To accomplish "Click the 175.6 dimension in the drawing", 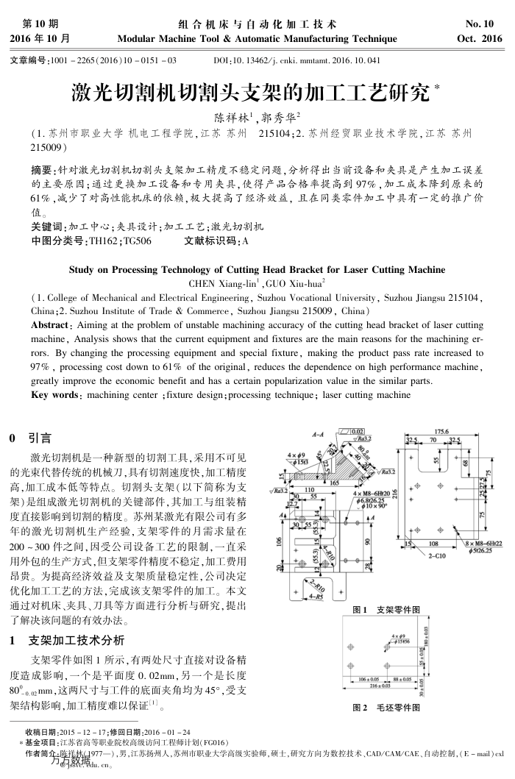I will pyautogui.click(x=441, y=432).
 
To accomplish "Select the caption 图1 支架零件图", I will pyautogui.click(x=387, y=610).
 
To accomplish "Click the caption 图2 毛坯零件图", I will pyautogui.click(x=387, y=708).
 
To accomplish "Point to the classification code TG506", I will pyautogui.click(x=136, y=241).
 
